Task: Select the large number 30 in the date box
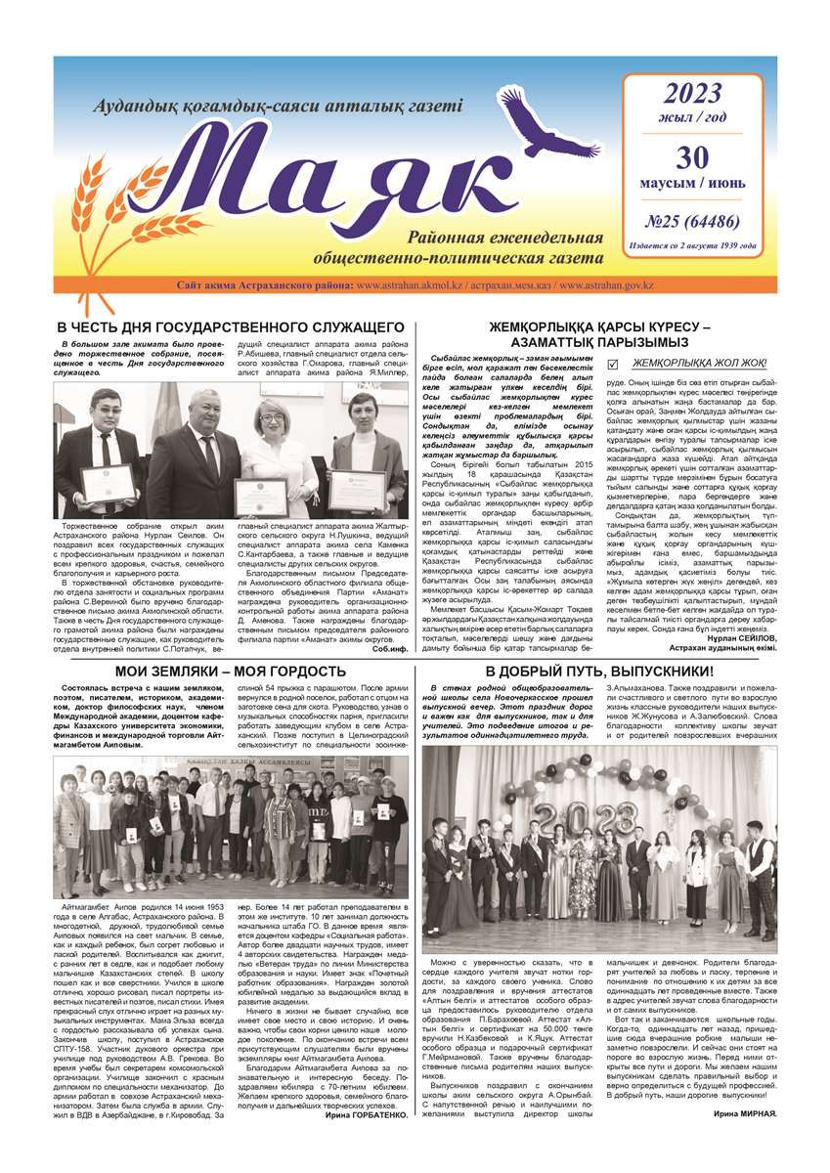(692, 158)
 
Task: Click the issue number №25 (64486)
(693, 221)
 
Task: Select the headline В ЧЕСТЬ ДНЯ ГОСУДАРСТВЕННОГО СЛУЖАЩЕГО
(231, 326)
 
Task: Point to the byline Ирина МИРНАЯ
(745, 1114)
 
